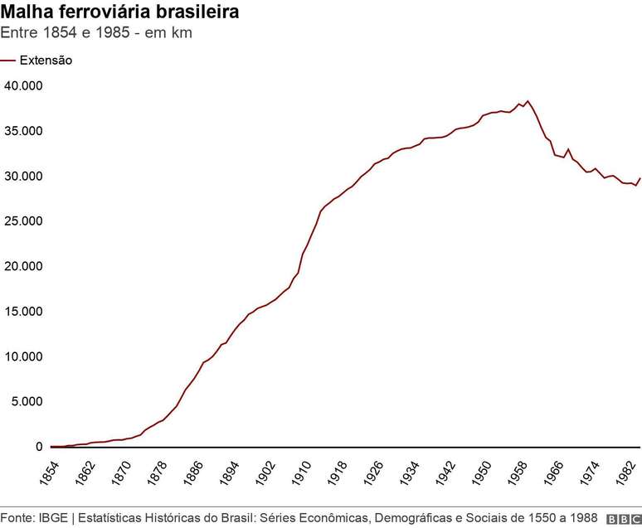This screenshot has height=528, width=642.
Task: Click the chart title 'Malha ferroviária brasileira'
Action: coord(121,13)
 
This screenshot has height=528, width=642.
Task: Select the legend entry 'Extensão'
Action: coord(46,61)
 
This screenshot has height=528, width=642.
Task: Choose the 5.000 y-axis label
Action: coord(26,402)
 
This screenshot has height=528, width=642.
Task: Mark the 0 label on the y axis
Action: coord(38,447)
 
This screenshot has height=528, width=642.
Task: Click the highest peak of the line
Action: coord(528,101)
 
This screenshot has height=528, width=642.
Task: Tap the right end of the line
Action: coord(640,178)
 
